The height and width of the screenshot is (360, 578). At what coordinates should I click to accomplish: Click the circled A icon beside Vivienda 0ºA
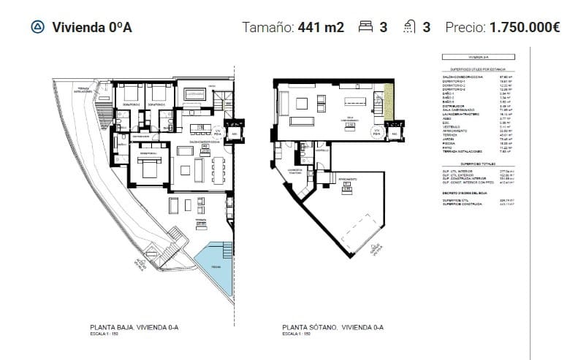coord(37,28)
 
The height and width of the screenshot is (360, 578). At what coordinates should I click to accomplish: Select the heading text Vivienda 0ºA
coord(92,28)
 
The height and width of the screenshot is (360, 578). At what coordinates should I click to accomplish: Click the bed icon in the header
coord(365,28)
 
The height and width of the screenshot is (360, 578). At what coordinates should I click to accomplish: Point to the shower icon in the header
coord(410,28)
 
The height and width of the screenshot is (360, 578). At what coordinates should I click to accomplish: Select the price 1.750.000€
coord(525,28)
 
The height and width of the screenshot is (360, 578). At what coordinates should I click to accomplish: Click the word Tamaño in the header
coord(268,28)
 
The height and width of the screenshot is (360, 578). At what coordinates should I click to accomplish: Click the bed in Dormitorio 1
coord(149,169)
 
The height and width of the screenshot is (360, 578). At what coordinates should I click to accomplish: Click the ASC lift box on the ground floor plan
coord(235,134)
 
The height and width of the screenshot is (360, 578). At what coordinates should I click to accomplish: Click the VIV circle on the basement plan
coord(376,134)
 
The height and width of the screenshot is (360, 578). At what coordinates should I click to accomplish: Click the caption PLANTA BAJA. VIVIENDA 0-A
coord(134,328)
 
